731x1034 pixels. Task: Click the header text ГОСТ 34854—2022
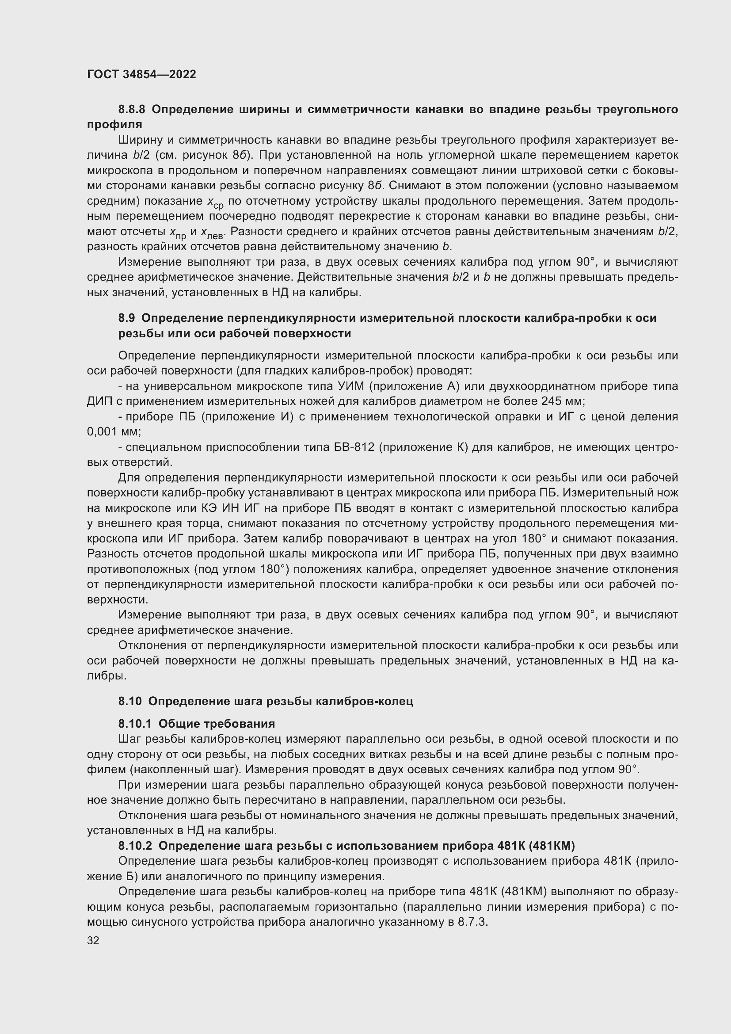(141, 75)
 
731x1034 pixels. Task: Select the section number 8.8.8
(132, 110)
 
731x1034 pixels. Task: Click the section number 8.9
(126, 318)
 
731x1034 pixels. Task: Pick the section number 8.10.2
(136, 846)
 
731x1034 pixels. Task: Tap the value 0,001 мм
(114, 432)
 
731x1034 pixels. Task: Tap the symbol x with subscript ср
(215, 202)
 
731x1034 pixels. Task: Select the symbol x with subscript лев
(212, 233)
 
